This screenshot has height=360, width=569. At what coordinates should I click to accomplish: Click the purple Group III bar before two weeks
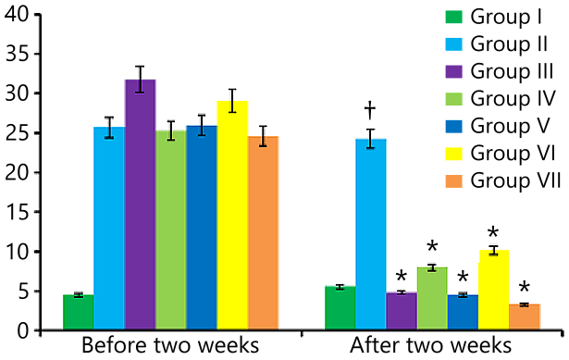[140, 205]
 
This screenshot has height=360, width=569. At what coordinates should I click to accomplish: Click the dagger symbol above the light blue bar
[370, 111]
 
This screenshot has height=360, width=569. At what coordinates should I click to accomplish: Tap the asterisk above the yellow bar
[493, 234]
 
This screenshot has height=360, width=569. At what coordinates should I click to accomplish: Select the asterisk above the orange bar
[524, 289]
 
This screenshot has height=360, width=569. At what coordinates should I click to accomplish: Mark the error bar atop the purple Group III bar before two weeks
[140, 80]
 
